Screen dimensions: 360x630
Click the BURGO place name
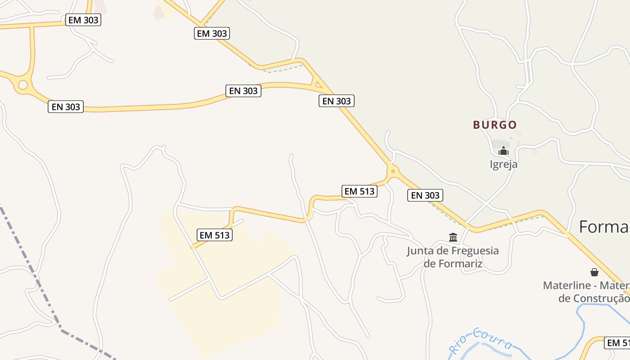(x=495, y=125)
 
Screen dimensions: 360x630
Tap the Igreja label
(x=504, y=164)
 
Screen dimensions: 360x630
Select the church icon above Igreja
(x=503, y=151)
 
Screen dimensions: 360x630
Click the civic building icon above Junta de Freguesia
(x=453, y=237)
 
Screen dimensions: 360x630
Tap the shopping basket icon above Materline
(x=594, y=272)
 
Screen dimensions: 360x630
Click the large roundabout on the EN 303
(x=22, y=85)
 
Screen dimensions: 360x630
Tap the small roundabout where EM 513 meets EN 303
(x=393, y=171)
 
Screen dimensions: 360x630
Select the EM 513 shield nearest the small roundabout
(x=359, y=191)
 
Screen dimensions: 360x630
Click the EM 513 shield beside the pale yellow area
(x=215, y=235)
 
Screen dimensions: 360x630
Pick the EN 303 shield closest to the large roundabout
(x=66, y=107)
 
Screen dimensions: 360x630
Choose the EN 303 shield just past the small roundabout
(x=425, y=195)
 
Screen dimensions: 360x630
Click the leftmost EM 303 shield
(x=83, y=20)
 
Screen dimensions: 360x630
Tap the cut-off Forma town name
(x=603, y=227)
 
